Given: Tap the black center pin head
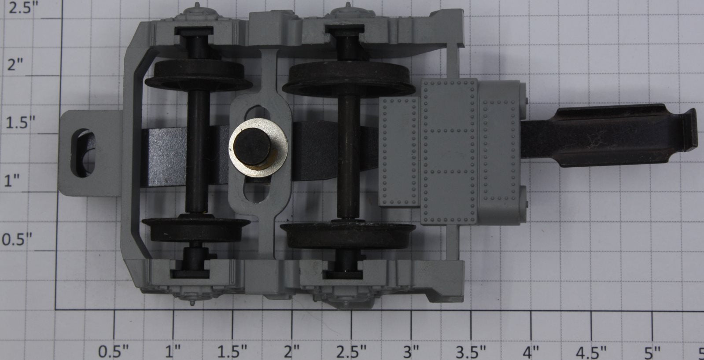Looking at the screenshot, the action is tap(252, 147).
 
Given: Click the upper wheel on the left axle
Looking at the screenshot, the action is tap(198, 76).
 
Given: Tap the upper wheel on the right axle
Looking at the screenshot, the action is tap(349, 80).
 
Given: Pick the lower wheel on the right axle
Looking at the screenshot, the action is tap(348, 235).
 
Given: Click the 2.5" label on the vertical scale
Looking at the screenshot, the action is tap(21, 7).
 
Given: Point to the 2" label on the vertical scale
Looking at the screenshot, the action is tap(15, 65).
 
